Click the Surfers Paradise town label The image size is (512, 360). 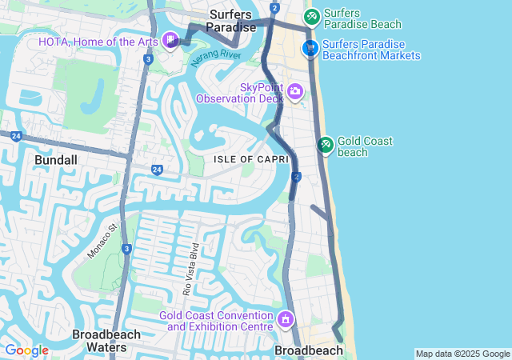[x=232, y=21]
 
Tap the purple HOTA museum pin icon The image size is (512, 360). [x=171, y=40]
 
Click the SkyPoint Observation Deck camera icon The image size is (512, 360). [x=295, y=92]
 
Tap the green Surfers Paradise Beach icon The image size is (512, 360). [x=311, y=16]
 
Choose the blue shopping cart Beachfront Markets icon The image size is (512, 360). [x=310, y=50]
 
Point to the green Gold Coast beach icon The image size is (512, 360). [x=326, y=145]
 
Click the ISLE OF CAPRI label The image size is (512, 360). [x=245, y=159]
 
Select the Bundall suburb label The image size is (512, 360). [x=56, y=160]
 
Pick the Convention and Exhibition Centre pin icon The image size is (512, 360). [x=286, y=321]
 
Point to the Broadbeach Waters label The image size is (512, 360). [x=106, y=341]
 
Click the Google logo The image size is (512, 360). [x=26, y=350]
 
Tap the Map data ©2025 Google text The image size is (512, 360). [x=462, y=354]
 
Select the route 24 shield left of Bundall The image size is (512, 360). [x=15, y=137]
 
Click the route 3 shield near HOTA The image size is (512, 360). [x=149, y=59]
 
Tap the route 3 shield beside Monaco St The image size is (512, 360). [x=127, y=250]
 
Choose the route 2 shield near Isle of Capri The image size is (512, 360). [x=297, y=177]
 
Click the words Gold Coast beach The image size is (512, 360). [x=365, y=146]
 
